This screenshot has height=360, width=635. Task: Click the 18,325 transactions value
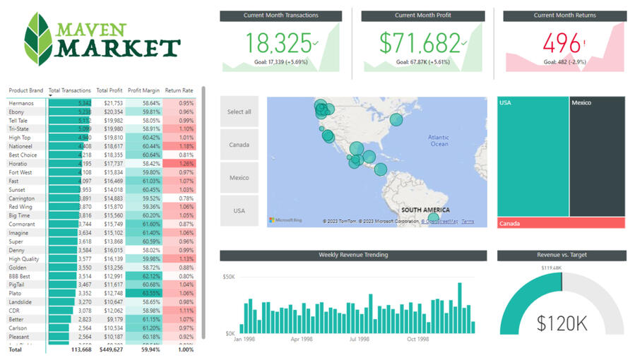275,44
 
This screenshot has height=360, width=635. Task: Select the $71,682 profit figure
420,44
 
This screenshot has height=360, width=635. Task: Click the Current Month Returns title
564,16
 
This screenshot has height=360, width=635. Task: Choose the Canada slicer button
239,145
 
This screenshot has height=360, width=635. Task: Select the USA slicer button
239,210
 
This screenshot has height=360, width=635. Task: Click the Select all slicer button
239,112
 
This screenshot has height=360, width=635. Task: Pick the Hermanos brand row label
21,103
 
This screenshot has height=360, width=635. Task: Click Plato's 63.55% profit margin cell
146,293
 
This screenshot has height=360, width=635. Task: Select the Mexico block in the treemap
597,155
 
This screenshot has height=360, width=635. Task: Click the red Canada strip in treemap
561,223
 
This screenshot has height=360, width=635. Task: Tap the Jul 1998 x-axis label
358,339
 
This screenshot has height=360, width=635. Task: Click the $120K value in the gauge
562,323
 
